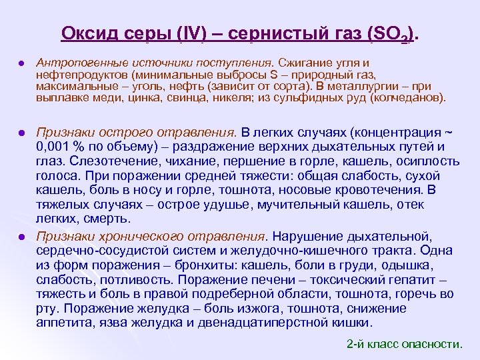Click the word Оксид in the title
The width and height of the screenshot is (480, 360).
(x=85, y=33)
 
